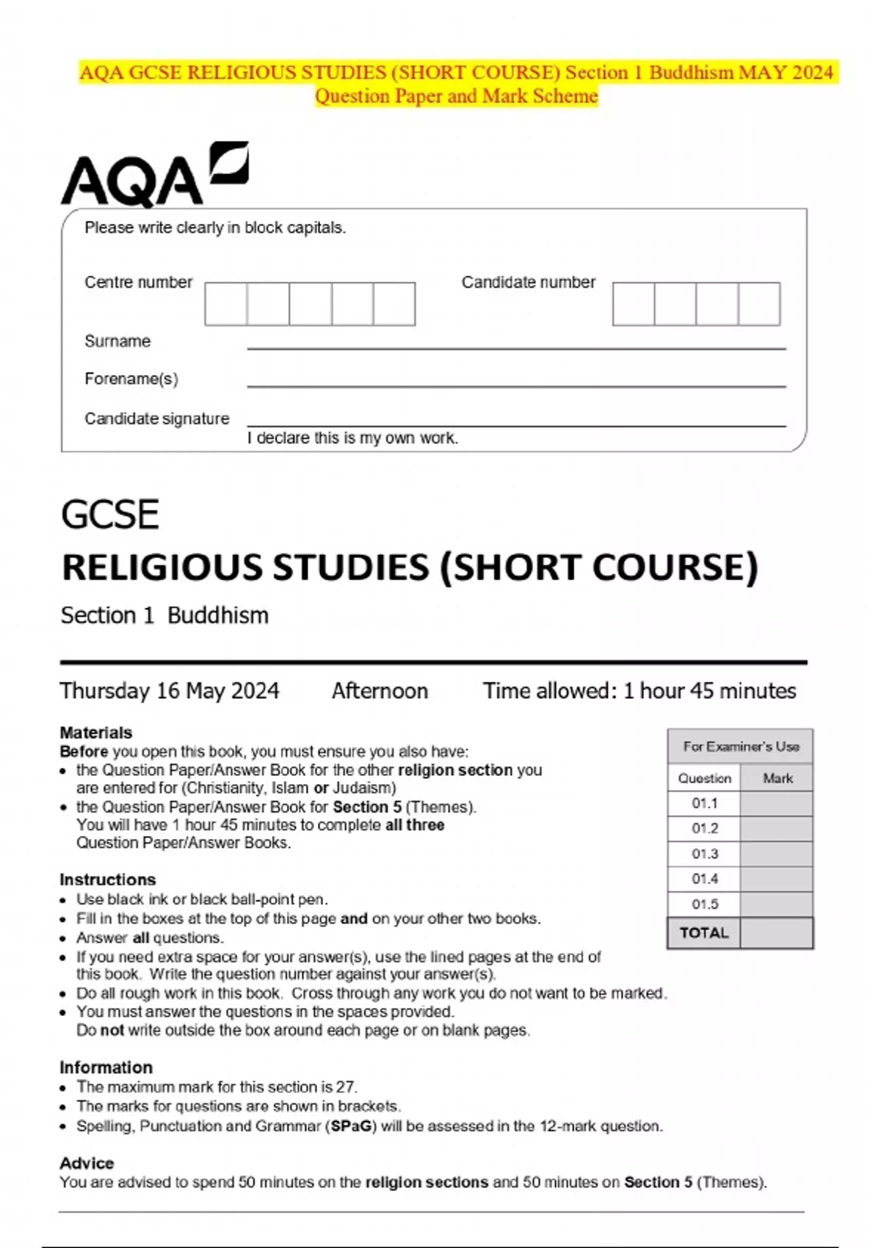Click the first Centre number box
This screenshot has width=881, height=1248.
point(226,304)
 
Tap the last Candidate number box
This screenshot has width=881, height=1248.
point(759,304)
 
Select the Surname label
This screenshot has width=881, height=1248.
point(117,341)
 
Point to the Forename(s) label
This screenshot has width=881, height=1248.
point(131,379)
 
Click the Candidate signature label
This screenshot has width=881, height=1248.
point(157,418)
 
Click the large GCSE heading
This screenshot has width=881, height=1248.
point(110,514)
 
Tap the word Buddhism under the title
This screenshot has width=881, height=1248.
point(218,615)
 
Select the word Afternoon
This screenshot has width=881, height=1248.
point(380,691)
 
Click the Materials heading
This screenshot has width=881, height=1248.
point(96,733)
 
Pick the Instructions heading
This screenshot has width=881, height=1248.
point(108,879)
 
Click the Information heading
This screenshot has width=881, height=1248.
point(106,1067)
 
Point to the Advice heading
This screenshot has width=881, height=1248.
point(87,1163)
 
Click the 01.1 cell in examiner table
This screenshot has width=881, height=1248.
point(705,803)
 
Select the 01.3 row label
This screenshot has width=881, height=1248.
point(705,854)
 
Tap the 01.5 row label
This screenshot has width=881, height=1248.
point(705,904)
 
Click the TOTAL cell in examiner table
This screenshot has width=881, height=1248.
point(704,933)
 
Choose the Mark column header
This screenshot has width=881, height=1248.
point(777,778)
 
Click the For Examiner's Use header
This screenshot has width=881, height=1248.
point(741,747)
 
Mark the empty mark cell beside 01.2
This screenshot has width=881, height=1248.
point(777,829)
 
